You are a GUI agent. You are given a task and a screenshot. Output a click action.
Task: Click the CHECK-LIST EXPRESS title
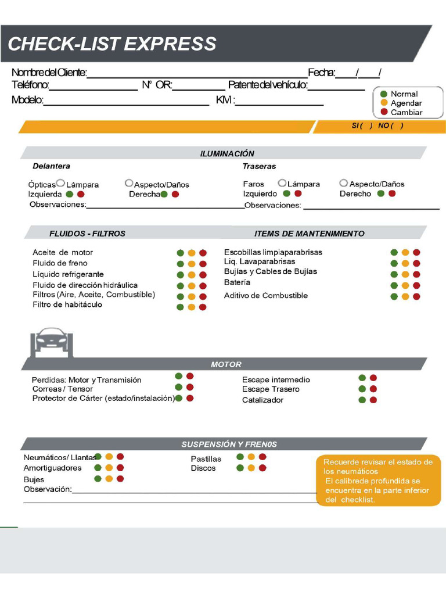pyautogui.click(x=111, y=44)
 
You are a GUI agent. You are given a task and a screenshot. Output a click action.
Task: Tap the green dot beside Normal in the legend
pyautogui.click(x=383, y=94)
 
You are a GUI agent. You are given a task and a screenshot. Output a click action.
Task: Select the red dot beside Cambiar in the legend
pyautogui.click(x=383, y=112)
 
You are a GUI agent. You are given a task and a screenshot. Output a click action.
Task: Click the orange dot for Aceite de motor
pyautogui.click(x=192, y=253)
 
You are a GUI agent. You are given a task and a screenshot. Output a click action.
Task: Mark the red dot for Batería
pyautogui.click(x=416, y=285)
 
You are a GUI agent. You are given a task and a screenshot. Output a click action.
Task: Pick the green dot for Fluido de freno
pyautogui.click(x=180, y=264)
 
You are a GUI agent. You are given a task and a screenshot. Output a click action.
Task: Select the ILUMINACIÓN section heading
pyautogui.click(x=227, y=153)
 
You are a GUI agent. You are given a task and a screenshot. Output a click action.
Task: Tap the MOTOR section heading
pyautogui.click(x=226, y=364)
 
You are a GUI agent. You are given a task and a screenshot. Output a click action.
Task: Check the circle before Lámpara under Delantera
pyautogui.click(x=60, y=183)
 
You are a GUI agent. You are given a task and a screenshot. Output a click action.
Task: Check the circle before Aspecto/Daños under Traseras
pyautogui.click(x=343, y=183)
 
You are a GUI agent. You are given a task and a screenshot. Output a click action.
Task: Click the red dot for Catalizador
pyautogui.click(x=373, y=400)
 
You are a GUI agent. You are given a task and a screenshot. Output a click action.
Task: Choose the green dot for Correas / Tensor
pyautogui.click(x=179, y=387)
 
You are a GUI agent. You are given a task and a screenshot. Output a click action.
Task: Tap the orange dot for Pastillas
pyautogui.click(x=251, y=457)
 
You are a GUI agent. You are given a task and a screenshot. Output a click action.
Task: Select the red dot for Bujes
pyautogui.click(x=120, y=479)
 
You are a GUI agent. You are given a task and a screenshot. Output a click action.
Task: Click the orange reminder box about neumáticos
pyautogui.click(x=379, y=480)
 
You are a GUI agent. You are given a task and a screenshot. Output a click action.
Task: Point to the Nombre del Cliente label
pyautogui.click(x=49, y=73)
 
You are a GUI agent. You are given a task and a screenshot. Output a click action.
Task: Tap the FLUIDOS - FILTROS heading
pyautogui.click(x=87, y=234)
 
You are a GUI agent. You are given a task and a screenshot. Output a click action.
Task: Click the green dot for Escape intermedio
pyautogui.click(x=362, y=378)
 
